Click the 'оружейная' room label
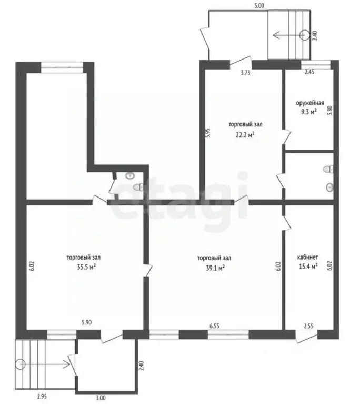310,103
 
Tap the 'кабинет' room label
308,257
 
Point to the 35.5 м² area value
86,267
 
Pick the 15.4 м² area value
308,266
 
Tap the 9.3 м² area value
310,112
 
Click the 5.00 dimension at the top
259,6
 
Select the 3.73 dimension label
245,73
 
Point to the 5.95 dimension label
208,133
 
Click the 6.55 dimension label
214,326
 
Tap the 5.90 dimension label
86,322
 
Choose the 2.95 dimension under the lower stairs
42,397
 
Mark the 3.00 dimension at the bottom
101,398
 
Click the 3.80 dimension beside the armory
329,111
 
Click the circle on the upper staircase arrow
305,35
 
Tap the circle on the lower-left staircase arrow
21,364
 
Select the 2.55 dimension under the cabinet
308,326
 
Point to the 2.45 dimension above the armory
309,72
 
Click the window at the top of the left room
62,67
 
